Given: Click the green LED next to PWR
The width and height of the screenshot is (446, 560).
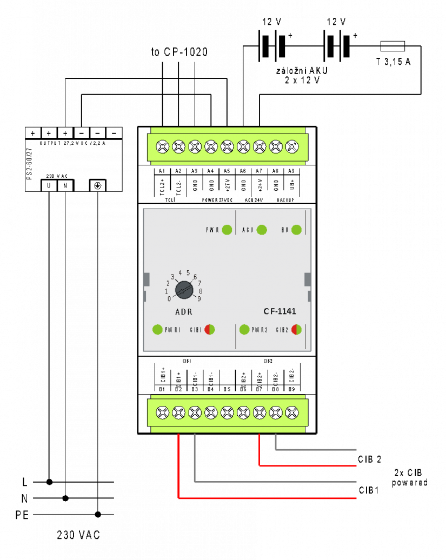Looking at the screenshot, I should [227, 230].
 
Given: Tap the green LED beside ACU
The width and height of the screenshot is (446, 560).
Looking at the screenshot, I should [262, 230].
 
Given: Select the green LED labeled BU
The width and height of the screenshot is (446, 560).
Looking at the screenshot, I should [296, 230].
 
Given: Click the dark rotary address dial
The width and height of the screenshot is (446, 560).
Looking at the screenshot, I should [184, 290].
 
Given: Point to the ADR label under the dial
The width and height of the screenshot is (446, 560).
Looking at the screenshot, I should [184, 312].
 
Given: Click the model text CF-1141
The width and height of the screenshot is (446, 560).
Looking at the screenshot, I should [280, 311].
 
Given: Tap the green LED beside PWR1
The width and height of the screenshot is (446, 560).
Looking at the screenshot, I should [157, 329].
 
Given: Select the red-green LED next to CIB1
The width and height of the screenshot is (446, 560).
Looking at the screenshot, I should [210, 329].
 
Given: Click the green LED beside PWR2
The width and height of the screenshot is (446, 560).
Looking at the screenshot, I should [244, 329].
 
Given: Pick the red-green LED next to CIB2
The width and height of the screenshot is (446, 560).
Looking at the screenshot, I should [296, 329].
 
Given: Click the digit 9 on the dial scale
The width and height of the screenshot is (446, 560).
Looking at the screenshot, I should [199, 298].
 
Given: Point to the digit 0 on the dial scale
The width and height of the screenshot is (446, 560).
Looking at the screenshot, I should [169, 299].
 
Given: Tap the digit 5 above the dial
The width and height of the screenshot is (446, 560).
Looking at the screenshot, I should [188, 273].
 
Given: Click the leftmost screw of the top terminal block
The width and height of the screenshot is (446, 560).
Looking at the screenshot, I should [163, 146].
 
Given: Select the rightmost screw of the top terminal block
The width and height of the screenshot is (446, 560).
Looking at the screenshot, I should [292, 146].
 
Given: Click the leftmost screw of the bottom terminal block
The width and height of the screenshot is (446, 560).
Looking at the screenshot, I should [163, 413].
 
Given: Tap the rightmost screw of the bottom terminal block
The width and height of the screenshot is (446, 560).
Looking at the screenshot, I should [292, 413].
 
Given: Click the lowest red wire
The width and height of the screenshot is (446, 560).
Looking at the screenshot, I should [270, 498].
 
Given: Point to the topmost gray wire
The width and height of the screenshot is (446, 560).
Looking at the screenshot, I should [319, 449].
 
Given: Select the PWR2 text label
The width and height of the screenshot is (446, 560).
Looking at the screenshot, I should [259, 330].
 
